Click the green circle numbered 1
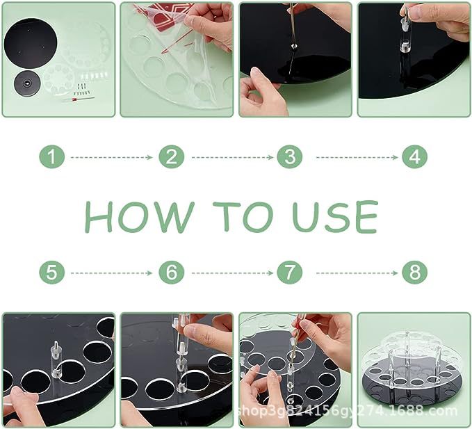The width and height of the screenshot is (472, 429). (x=51, y=156)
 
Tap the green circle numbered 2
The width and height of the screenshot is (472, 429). (x=171, y=156)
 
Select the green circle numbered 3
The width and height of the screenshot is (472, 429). (x=290, y=156)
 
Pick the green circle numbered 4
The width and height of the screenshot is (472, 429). (x=414, y=156)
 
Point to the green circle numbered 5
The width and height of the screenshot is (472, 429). (x=51, y=273)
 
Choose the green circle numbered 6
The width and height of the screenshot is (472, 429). (x=171, y=273)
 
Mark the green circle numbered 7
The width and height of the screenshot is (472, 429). (x=290, y=273)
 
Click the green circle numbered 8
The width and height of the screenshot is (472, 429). (x=414, y=273)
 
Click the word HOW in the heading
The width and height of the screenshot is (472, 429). (x=139, y=217)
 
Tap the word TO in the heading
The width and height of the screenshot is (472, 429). (x=243, y=217)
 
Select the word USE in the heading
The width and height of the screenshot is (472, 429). (x=335, y=217)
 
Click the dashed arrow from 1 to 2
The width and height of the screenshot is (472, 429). (x=112, y=157)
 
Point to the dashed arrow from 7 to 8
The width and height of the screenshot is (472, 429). (x=357, y=273)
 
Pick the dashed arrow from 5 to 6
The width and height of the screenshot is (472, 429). (x=112, y=273)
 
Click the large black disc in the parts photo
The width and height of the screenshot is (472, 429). (x=31, y=43)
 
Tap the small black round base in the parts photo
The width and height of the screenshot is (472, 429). (x=27, y=83)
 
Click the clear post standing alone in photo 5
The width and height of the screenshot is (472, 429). (x=56, y=359)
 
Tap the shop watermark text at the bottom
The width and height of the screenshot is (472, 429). (x=347, y=411)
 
